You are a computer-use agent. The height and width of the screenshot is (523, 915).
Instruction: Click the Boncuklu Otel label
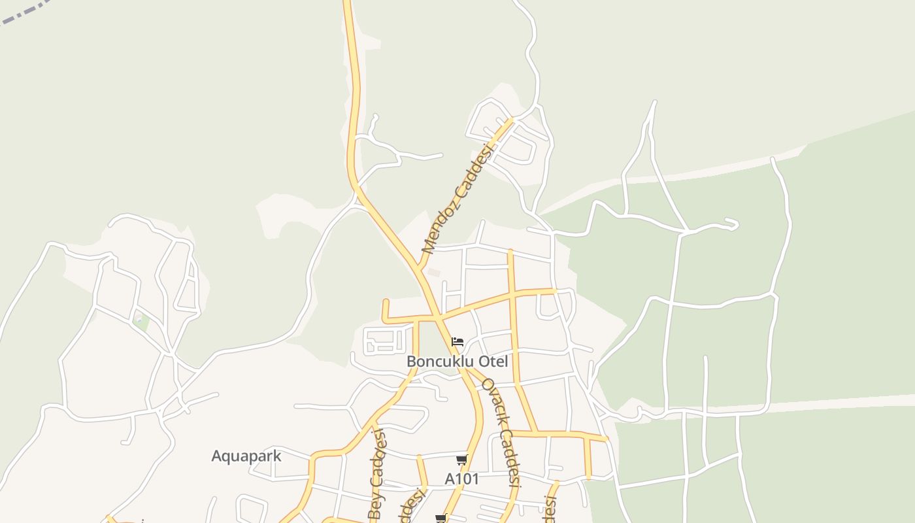pyautogui.click(x=457, y=362)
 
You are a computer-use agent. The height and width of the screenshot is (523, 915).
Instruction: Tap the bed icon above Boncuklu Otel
pyautogui.click(x=457, y=342)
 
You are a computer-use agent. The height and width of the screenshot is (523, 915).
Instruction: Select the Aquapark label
pyautogui.click(x=246, y=456)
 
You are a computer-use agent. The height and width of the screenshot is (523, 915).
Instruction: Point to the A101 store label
pyautogui.click(x=461, y=479)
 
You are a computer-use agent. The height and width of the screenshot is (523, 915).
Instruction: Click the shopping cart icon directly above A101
pyautogui.click(x=461, y=460)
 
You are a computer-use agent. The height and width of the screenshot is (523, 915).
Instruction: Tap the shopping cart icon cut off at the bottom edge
pyautogui.click(x=441, y=518)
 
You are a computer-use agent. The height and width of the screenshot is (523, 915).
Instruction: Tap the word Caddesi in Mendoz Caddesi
pyautogui.click(x=474, y=171)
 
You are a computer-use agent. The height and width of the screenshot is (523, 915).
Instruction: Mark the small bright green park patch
pyautogui.click(x=141, y=322)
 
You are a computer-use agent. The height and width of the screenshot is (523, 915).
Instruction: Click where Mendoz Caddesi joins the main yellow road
pyautogui.click(x=418, y=268)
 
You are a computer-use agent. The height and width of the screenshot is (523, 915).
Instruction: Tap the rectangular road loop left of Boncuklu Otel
pyautogui.click(x=384, y=340)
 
